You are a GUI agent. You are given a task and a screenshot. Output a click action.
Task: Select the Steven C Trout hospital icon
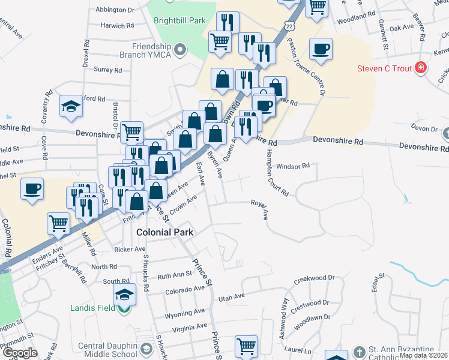(x=421, y=68)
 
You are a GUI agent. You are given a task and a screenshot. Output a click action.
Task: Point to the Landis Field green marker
(x=124, y=309)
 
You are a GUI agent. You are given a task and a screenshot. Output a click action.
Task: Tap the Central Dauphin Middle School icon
(x=146, y=349)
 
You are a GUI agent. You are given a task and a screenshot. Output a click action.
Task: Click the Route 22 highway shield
(x=291, y=28)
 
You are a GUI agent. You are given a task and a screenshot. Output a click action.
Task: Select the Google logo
(x=19, y=353)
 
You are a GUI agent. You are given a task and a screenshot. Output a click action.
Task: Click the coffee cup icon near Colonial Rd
(x=32, y=189)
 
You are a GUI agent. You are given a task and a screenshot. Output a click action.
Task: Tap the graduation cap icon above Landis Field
(x=124, y=294)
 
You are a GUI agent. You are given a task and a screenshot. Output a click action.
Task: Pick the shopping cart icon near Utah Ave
(x=246, y=346)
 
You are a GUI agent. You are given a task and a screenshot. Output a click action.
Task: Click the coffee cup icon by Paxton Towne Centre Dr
(x=321, y=49)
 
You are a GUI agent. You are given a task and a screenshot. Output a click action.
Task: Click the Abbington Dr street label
(x=115, y=10)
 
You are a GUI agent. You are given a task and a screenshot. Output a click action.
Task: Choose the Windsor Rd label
(x=293, y=166)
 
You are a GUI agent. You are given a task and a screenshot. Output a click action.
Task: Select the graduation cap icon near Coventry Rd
(x=71, y=107)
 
